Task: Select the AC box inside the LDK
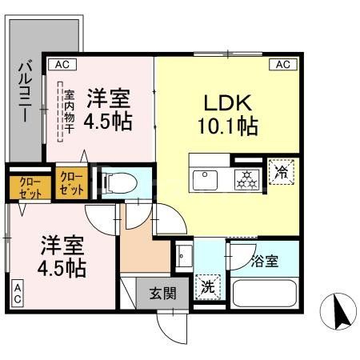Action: click(x=282, y=65)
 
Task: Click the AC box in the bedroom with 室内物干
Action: click(x=60, y=65)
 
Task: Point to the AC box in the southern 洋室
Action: click(x=17, y=291)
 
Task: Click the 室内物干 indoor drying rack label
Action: click(x=69, y=112)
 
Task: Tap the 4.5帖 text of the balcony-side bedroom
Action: click(x=109, y=124)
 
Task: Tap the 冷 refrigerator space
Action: click(x=282, y=171)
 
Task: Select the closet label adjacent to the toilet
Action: click(x=72, y=183)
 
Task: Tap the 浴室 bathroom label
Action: click(x=265, y=261)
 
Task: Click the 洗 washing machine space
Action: click(x=206, y=286)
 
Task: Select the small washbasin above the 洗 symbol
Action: click(x=184, y=256)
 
